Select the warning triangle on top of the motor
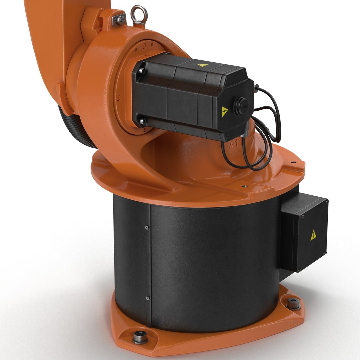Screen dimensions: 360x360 click(203, 66)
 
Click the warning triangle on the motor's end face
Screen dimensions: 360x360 click(225, 112)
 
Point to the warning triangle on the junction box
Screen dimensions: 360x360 click(313, 235)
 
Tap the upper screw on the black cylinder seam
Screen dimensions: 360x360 click(147, 228)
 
